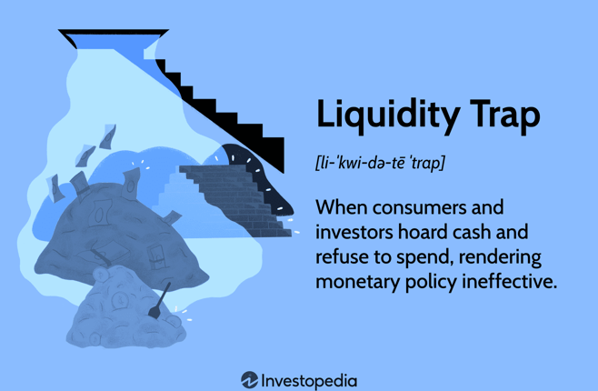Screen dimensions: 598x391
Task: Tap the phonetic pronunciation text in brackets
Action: (380, 163)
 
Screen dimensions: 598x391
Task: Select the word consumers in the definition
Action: (418, 207)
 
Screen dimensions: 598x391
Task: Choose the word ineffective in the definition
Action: (510, 281)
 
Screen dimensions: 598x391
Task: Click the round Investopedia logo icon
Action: (249, 380)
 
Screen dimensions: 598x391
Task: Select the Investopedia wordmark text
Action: (309, 381)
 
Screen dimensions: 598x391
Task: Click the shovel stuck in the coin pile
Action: (160, 301)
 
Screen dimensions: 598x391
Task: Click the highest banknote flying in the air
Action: (108, 136)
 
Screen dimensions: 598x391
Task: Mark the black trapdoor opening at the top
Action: (114, 38)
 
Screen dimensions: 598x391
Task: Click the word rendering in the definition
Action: (500, 256)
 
